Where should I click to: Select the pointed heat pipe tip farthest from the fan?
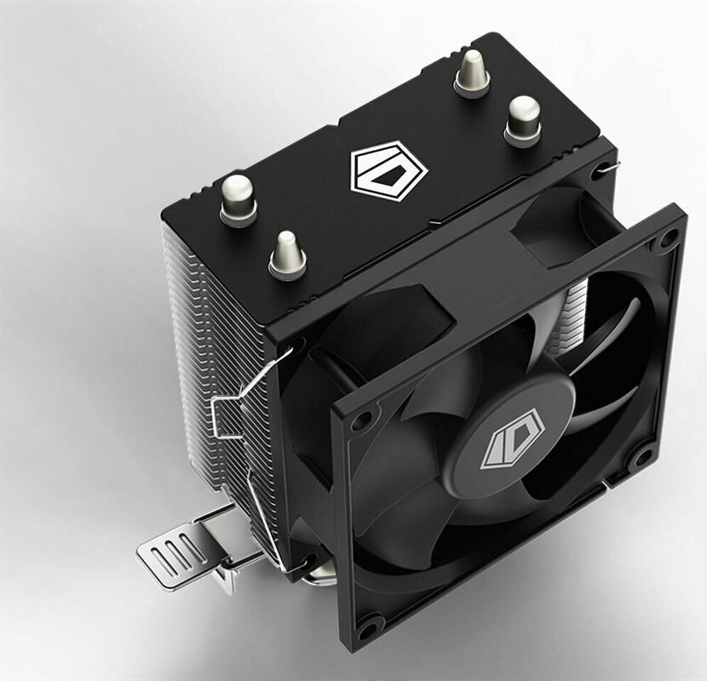(472, 72)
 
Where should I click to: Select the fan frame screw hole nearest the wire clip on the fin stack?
(360, 421)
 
